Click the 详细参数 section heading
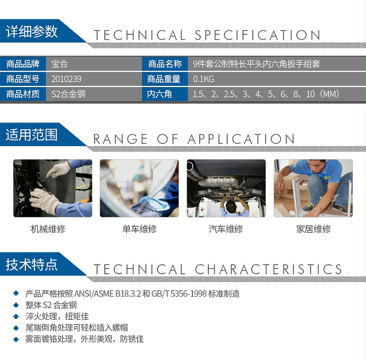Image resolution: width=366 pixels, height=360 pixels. click(x=32, y=32)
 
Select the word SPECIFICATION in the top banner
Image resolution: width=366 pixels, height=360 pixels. click(x=258, y=35)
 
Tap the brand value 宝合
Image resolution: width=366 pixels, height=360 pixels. click(x=59, y=64)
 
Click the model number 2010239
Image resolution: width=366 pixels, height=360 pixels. click(x=67, y=79)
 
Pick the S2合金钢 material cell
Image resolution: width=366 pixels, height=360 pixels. click(x=68, y=95)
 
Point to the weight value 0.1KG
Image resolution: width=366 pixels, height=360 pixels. click(x=203, y=79)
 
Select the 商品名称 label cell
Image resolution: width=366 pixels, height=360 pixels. click(x=165, y=64)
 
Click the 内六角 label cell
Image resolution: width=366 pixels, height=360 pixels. click(x=159, y=95)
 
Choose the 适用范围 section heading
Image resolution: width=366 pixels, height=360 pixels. click(x=32, y=135)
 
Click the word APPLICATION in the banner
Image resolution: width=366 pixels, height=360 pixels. click(x=241, y=139)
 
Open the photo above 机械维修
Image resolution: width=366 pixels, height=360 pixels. click(x=53, y=188)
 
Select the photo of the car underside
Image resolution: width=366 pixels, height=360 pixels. click(x=226, y=188)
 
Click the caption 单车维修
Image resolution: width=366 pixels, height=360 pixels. click(x=139, y=229)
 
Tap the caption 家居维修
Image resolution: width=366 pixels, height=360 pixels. click(x=313, y=229)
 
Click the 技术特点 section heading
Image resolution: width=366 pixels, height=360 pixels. click(x=32, y=264)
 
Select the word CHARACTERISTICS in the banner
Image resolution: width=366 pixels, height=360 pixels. click(x=269, y=269)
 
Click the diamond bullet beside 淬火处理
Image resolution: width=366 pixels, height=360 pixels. click(x=16, y=316)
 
